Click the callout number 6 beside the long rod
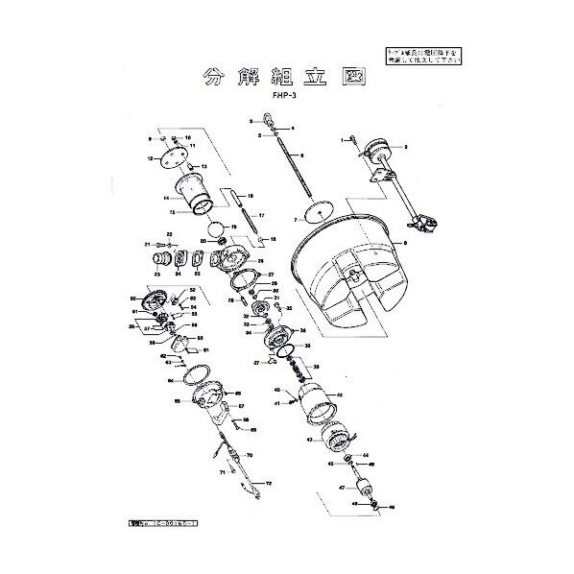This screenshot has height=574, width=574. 302,155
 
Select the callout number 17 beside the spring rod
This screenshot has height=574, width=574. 260,215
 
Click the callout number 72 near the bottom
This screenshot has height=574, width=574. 269,482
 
